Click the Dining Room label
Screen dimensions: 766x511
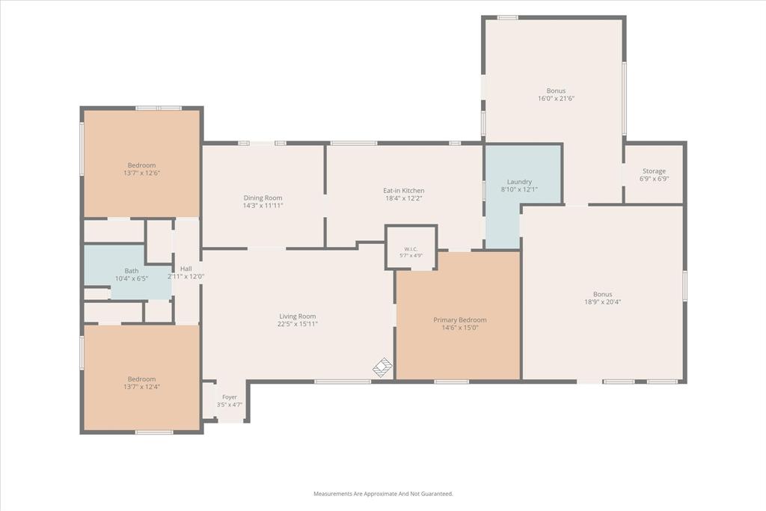pyautogui.click(x=263, y=198)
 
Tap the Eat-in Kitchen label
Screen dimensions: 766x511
pyautogui.click(x=403, y=191)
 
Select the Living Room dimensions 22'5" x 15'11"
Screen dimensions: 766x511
pyautogui.click(x=298, y=323)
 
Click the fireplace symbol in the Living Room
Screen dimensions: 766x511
pyautogui.click(x=383, y=367)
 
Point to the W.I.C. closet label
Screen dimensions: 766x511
pyautogui.click(x=411, y=249)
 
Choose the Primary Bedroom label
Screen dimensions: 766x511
pyautogui.click(x=460, y=320)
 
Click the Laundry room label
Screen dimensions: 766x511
pyautogui.click(x=519, y=182)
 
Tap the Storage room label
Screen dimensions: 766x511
pyautogui.click(x=654, y=171)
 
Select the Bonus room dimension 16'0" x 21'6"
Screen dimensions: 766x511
pyautogui.click(x=556, y=98)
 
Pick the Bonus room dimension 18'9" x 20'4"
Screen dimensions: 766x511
pyautogui.click(x=602, y=302)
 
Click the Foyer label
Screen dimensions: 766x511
pyautogui.click(x=230, y=397)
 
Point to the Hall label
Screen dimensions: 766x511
pyautogui.click(x=186, y=269)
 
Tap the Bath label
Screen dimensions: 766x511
pyautogui.click(x=132, y=271)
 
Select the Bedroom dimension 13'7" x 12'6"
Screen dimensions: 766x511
pyautogui.click(x=141, y=173)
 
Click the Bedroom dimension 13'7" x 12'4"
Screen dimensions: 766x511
pyautogui.click(x=141, y=387)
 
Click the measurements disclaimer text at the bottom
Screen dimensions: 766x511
pyautogui.click(x=383, y=494)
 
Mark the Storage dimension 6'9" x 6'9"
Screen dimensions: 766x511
pyautogui.click(x=654, y=179)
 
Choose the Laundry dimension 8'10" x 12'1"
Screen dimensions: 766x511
pyautogui.click(x=519, y=189)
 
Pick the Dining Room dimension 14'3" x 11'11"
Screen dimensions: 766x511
pyautogui.click(x=263, y=206)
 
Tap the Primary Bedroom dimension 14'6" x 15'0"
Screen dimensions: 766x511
pyautogui.click(x=460, y=328)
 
